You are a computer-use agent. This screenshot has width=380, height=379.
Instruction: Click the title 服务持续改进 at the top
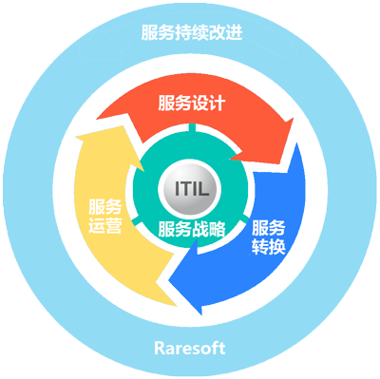pyautogui.click(x=190, y=33)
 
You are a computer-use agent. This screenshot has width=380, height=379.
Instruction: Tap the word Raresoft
pyautogui.click(x=190, y=347)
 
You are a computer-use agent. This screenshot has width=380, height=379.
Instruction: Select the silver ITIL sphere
pyautogui.click(x=191, y=189)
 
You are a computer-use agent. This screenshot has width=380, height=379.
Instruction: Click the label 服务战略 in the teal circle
pyautogui.click(x=191, y=229)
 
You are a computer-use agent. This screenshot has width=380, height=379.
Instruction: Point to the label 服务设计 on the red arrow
pyautogui.click(x=191, y=103)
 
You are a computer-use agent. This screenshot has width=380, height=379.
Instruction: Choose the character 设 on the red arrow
pyautogui.click(x=202, y=103)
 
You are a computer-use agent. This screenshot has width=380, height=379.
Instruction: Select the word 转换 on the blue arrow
pyautogui.click(x=269, y=247)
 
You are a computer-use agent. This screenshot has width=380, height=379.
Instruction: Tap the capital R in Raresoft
pyautogui.click(x=159, y=347)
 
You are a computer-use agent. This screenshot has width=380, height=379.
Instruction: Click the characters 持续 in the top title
pyautogui.click(x=190, y=33)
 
